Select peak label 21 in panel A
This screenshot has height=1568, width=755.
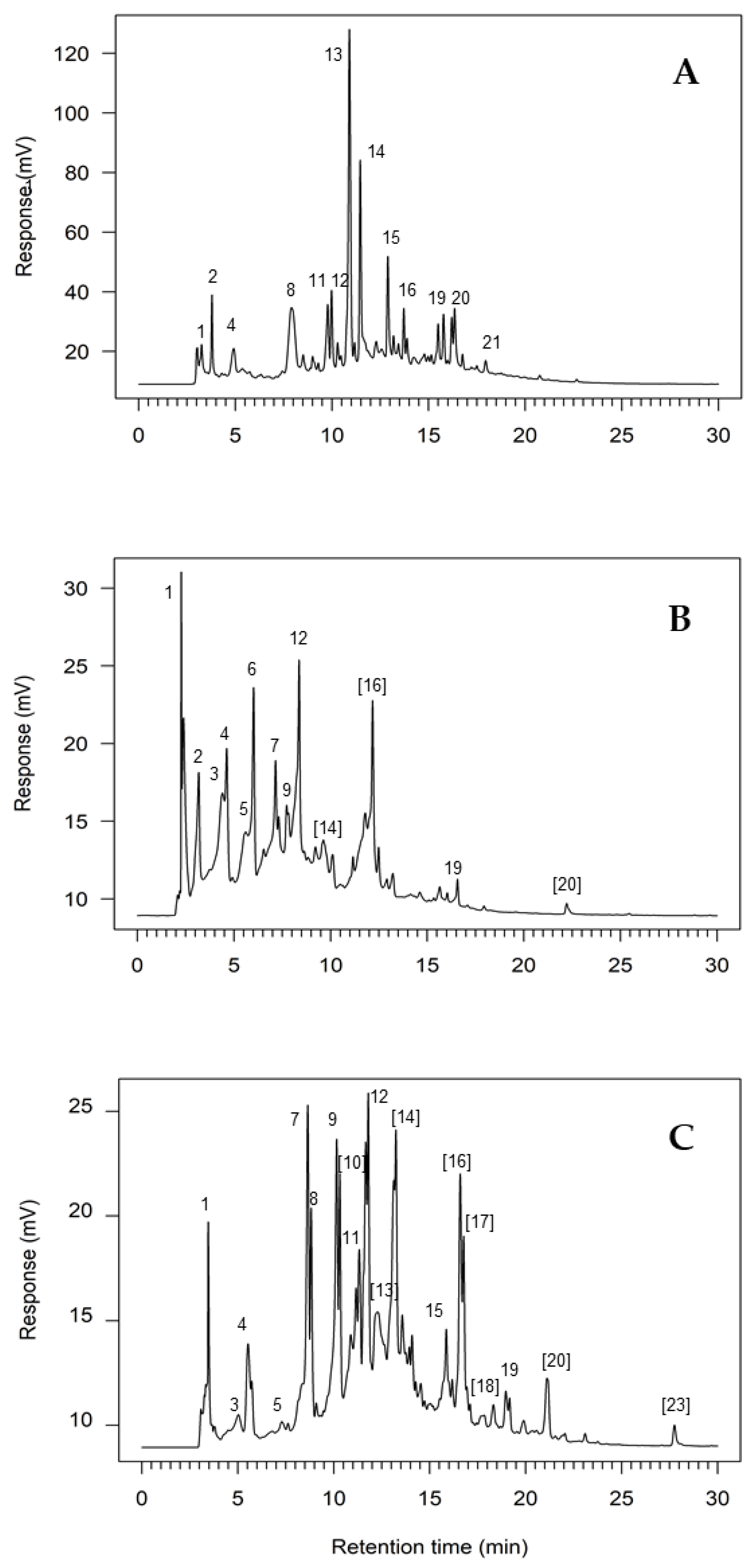[491, 343]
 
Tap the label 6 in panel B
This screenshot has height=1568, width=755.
[251, 669]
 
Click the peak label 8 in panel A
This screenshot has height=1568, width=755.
[290, 290]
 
